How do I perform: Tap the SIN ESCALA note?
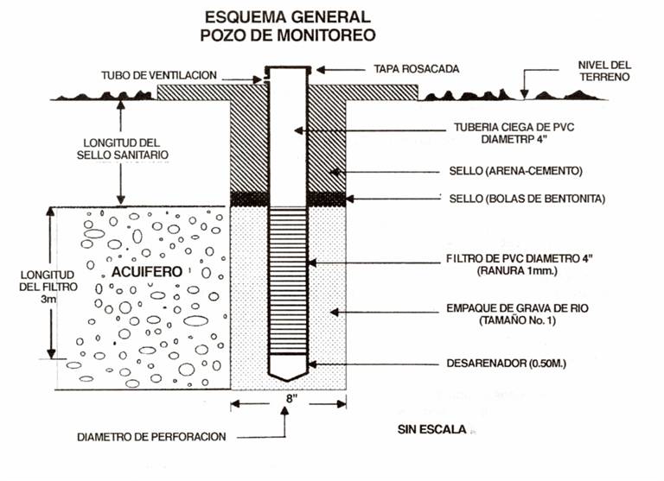click(432, 429)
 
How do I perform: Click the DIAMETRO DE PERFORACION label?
click(163, 436)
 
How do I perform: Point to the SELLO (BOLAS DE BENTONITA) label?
click(527, 199)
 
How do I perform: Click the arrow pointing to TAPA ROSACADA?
click(335, 68)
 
